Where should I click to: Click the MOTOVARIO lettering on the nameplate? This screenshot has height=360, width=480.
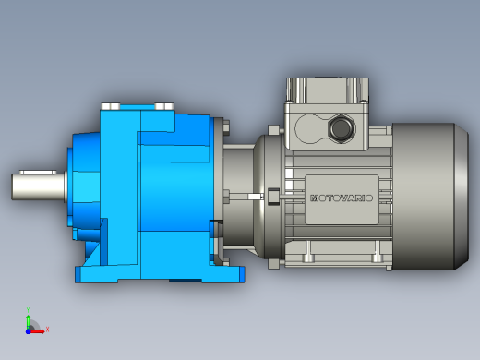[342, 198]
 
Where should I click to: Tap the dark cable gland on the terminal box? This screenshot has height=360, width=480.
[342, 128]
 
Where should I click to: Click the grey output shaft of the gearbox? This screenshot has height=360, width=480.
[40, 186]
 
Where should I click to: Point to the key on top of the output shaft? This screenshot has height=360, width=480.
[38, 172]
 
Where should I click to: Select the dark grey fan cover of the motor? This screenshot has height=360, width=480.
[430, 197]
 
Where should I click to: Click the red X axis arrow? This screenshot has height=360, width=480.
[37, 331]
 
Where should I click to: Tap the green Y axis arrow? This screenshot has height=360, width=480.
[28, 321]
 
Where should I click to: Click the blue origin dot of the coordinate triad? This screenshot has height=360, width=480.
[28, 331]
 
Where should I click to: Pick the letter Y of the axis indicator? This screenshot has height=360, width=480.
[28, 310]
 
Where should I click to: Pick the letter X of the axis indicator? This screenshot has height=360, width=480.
[47, 330]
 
